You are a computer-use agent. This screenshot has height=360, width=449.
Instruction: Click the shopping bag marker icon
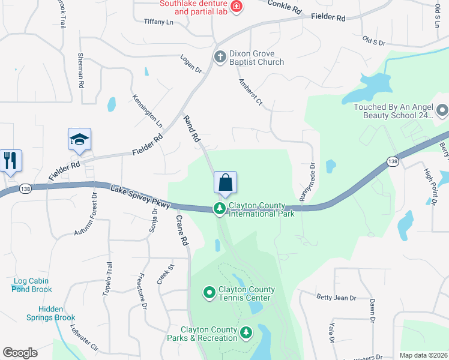pos(225,183)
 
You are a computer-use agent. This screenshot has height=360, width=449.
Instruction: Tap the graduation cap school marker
pos(79,140)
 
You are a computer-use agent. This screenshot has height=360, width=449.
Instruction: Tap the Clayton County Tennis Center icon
pos(209,293)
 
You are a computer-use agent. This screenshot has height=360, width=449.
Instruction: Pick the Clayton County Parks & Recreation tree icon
pos(246,333)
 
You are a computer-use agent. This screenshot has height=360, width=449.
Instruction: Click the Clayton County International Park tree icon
pos(220,209)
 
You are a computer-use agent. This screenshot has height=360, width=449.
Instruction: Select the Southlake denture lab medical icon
pos(237,7)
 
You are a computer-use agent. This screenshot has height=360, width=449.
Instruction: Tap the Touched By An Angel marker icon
pos(442,110)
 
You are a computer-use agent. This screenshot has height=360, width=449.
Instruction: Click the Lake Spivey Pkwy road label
pos(140,197)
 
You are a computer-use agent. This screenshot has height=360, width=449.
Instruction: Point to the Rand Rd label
pos(191,128)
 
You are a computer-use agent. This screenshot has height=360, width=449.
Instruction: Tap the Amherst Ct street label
pos(251,92)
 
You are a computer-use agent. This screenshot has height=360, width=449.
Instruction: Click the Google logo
pos(20,353)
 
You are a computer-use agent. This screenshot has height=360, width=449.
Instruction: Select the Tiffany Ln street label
pos(158,22)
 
